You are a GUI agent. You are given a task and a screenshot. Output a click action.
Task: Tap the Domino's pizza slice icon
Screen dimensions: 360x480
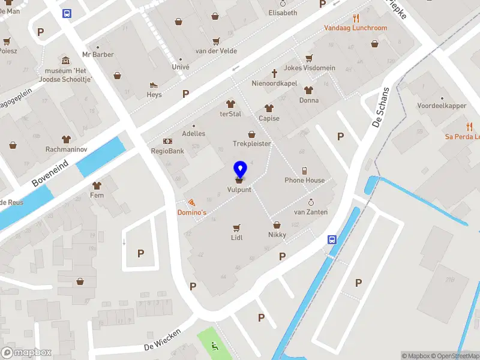coord(191,203)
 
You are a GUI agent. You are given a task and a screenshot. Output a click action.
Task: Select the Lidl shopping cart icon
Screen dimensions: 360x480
coord(236,227)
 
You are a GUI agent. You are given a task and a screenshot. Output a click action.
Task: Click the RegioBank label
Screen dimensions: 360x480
coord(167,151)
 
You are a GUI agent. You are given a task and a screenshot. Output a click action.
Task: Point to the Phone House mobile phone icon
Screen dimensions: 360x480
coord(304,170)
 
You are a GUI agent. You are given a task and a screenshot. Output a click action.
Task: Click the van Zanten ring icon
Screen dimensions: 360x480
coord(311,203)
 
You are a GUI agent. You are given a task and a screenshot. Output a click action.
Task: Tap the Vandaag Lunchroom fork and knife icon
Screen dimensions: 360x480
coord(356,18)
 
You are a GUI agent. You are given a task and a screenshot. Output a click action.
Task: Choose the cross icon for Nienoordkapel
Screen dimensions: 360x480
coord(275,73)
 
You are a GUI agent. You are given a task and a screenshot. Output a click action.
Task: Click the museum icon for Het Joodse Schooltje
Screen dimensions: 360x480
coord(65,61)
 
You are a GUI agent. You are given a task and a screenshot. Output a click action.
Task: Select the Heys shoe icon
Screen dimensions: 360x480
coord(154,85)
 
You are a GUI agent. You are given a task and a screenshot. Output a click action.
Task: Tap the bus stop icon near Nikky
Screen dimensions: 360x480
coord(332,239)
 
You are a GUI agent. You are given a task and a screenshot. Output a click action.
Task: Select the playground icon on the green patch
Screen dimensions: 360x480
coord(215,346)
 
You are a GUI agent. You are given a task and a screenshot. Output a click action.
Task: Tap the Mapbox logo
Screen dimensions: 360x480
coord(26,353)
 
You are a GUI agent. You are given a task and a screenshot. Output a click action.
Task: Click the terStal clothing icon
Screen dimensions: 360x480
coord(230,104)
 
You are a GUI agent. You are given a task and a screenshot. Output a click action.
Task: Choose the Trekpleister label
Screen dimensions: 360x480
coord(252,144)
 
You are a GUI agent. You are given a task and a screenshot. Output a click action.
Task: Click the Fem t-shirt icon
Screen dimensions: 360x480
coord(97,185)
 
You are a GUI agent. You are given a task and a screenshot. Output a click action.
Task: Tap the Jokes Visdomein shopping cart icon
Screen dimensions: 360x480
coord(309,58)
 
